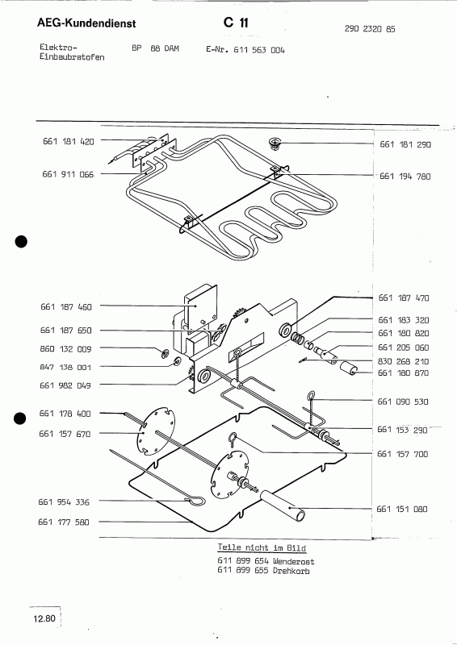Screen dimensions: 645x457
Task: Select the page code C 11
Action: point(227,25)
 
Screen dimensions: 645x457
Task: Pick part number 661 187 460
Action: point(66,306)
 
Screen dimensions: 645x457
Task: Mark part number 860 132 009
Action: point(66,350)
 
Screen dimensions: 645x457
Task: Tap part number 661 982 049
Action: point(66,385)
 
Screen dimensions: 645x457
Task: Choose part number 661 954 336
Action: point(65,502)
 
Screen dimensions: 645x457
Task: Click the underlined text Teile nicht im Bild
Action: point(258,547)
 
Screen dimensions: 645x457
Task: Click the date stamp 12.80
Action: point(44,619)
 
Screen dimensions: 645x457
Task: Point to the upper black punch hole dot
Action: point(22,241)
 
